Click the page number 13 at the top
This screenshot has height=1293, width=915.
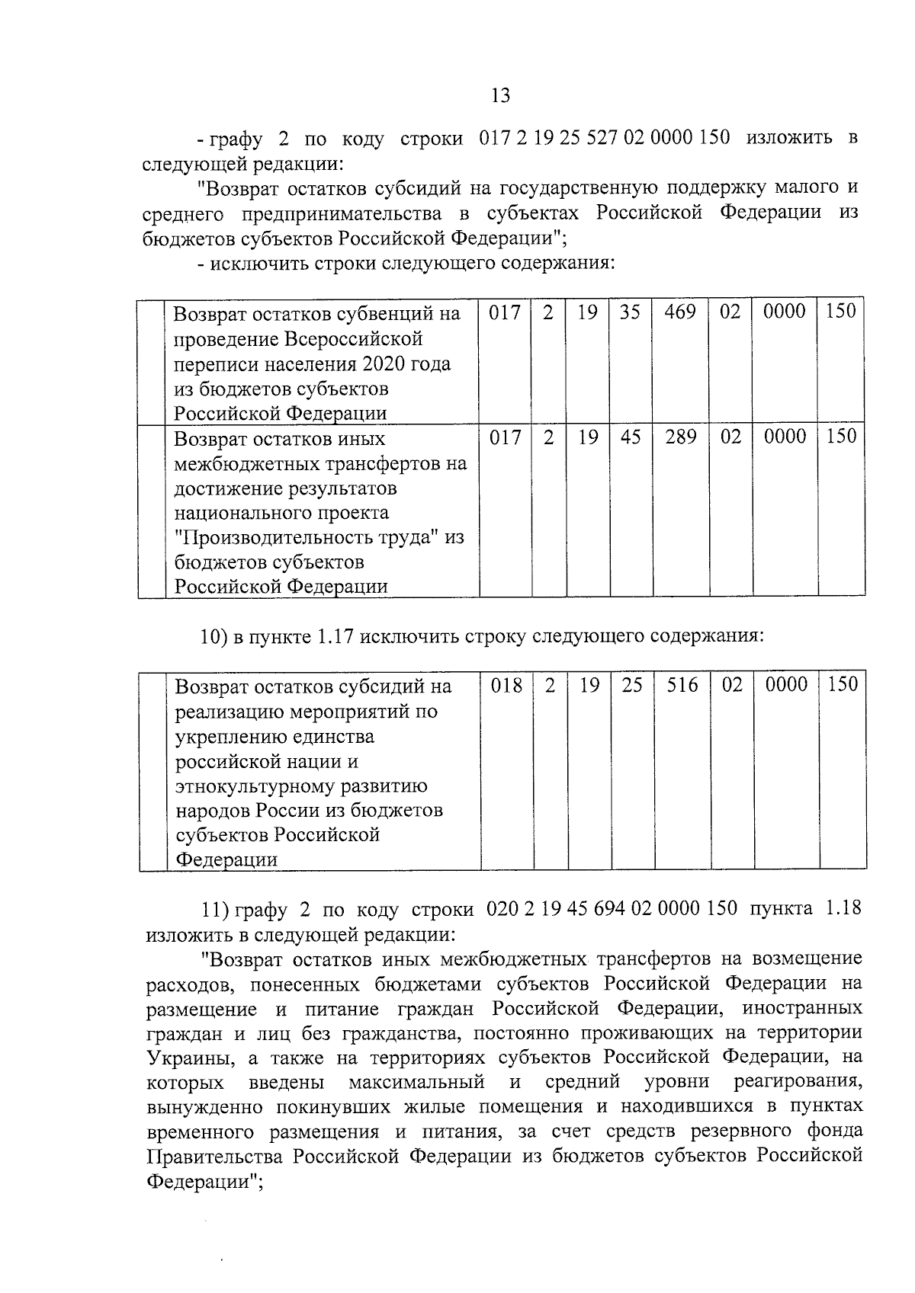pyautogui.click(x=500, y=96)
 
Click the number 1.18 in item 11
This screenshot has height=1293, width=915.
pyautogui.click(x=843, y=908)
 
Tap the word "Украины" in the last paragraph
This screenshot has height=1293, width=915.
pyautogui.click(x=182, y=1058)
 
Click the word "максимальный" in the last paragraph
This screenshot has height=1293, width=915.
pyautogui.click(x=417, y=1083)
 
